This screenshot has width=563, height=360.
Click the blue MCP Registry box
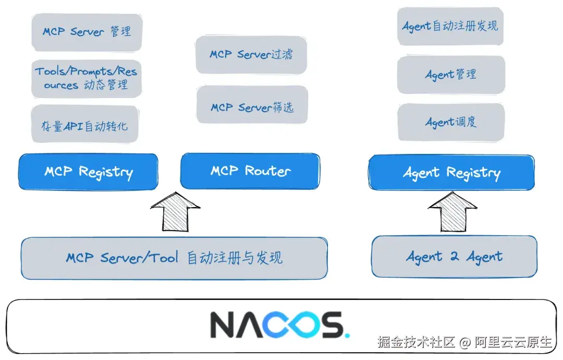click(88, 172)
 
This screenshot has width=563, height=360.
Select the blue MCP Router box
click(250, 171)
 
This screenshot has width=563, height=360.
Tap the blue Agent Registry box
click(451, 173)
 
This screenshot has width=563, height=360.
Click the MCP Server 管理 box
click(87, 32)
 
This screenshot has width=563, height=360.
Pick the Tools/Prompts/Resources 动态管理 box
click(86, 78)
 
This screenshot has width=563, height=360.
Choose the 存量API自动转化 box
click(84, 125)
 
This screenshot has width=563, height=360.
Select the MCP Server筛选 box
click(252, 106)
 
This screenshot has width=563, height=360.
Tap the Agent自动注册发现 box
click(450, 26)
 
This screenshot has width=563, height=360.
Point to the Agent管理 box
click(451, 75)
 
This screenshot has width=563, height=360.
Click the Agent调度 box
click(451, 122)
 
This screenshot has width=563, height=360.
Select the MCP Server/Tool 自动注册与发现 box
click(174, 258)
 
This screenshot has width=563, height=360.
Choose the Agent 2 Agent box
click(454, 256)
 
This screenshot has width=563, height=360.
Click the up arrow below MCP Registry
click(175, 211)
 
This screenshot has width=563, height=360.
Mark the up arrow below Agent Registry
click(452, 211)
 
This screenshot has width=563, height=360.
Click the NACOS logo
click(279, 325)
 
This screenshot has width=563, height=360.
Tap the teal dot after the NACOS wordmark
click(347, 334)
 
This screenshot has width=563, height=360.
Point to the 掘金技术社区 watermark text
click(417, 342)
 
